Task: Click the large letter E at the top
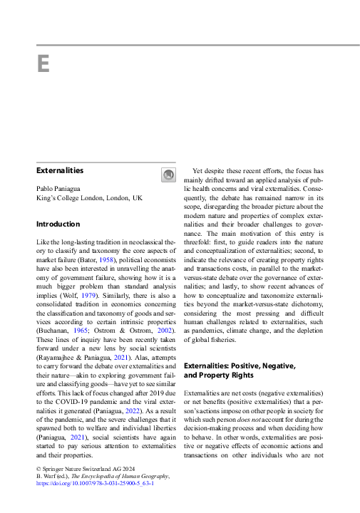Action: coord(43,63)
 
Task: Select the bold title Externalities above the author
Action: coord(60,171)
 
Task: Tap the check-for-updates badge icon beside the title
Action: coord(168,175)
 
